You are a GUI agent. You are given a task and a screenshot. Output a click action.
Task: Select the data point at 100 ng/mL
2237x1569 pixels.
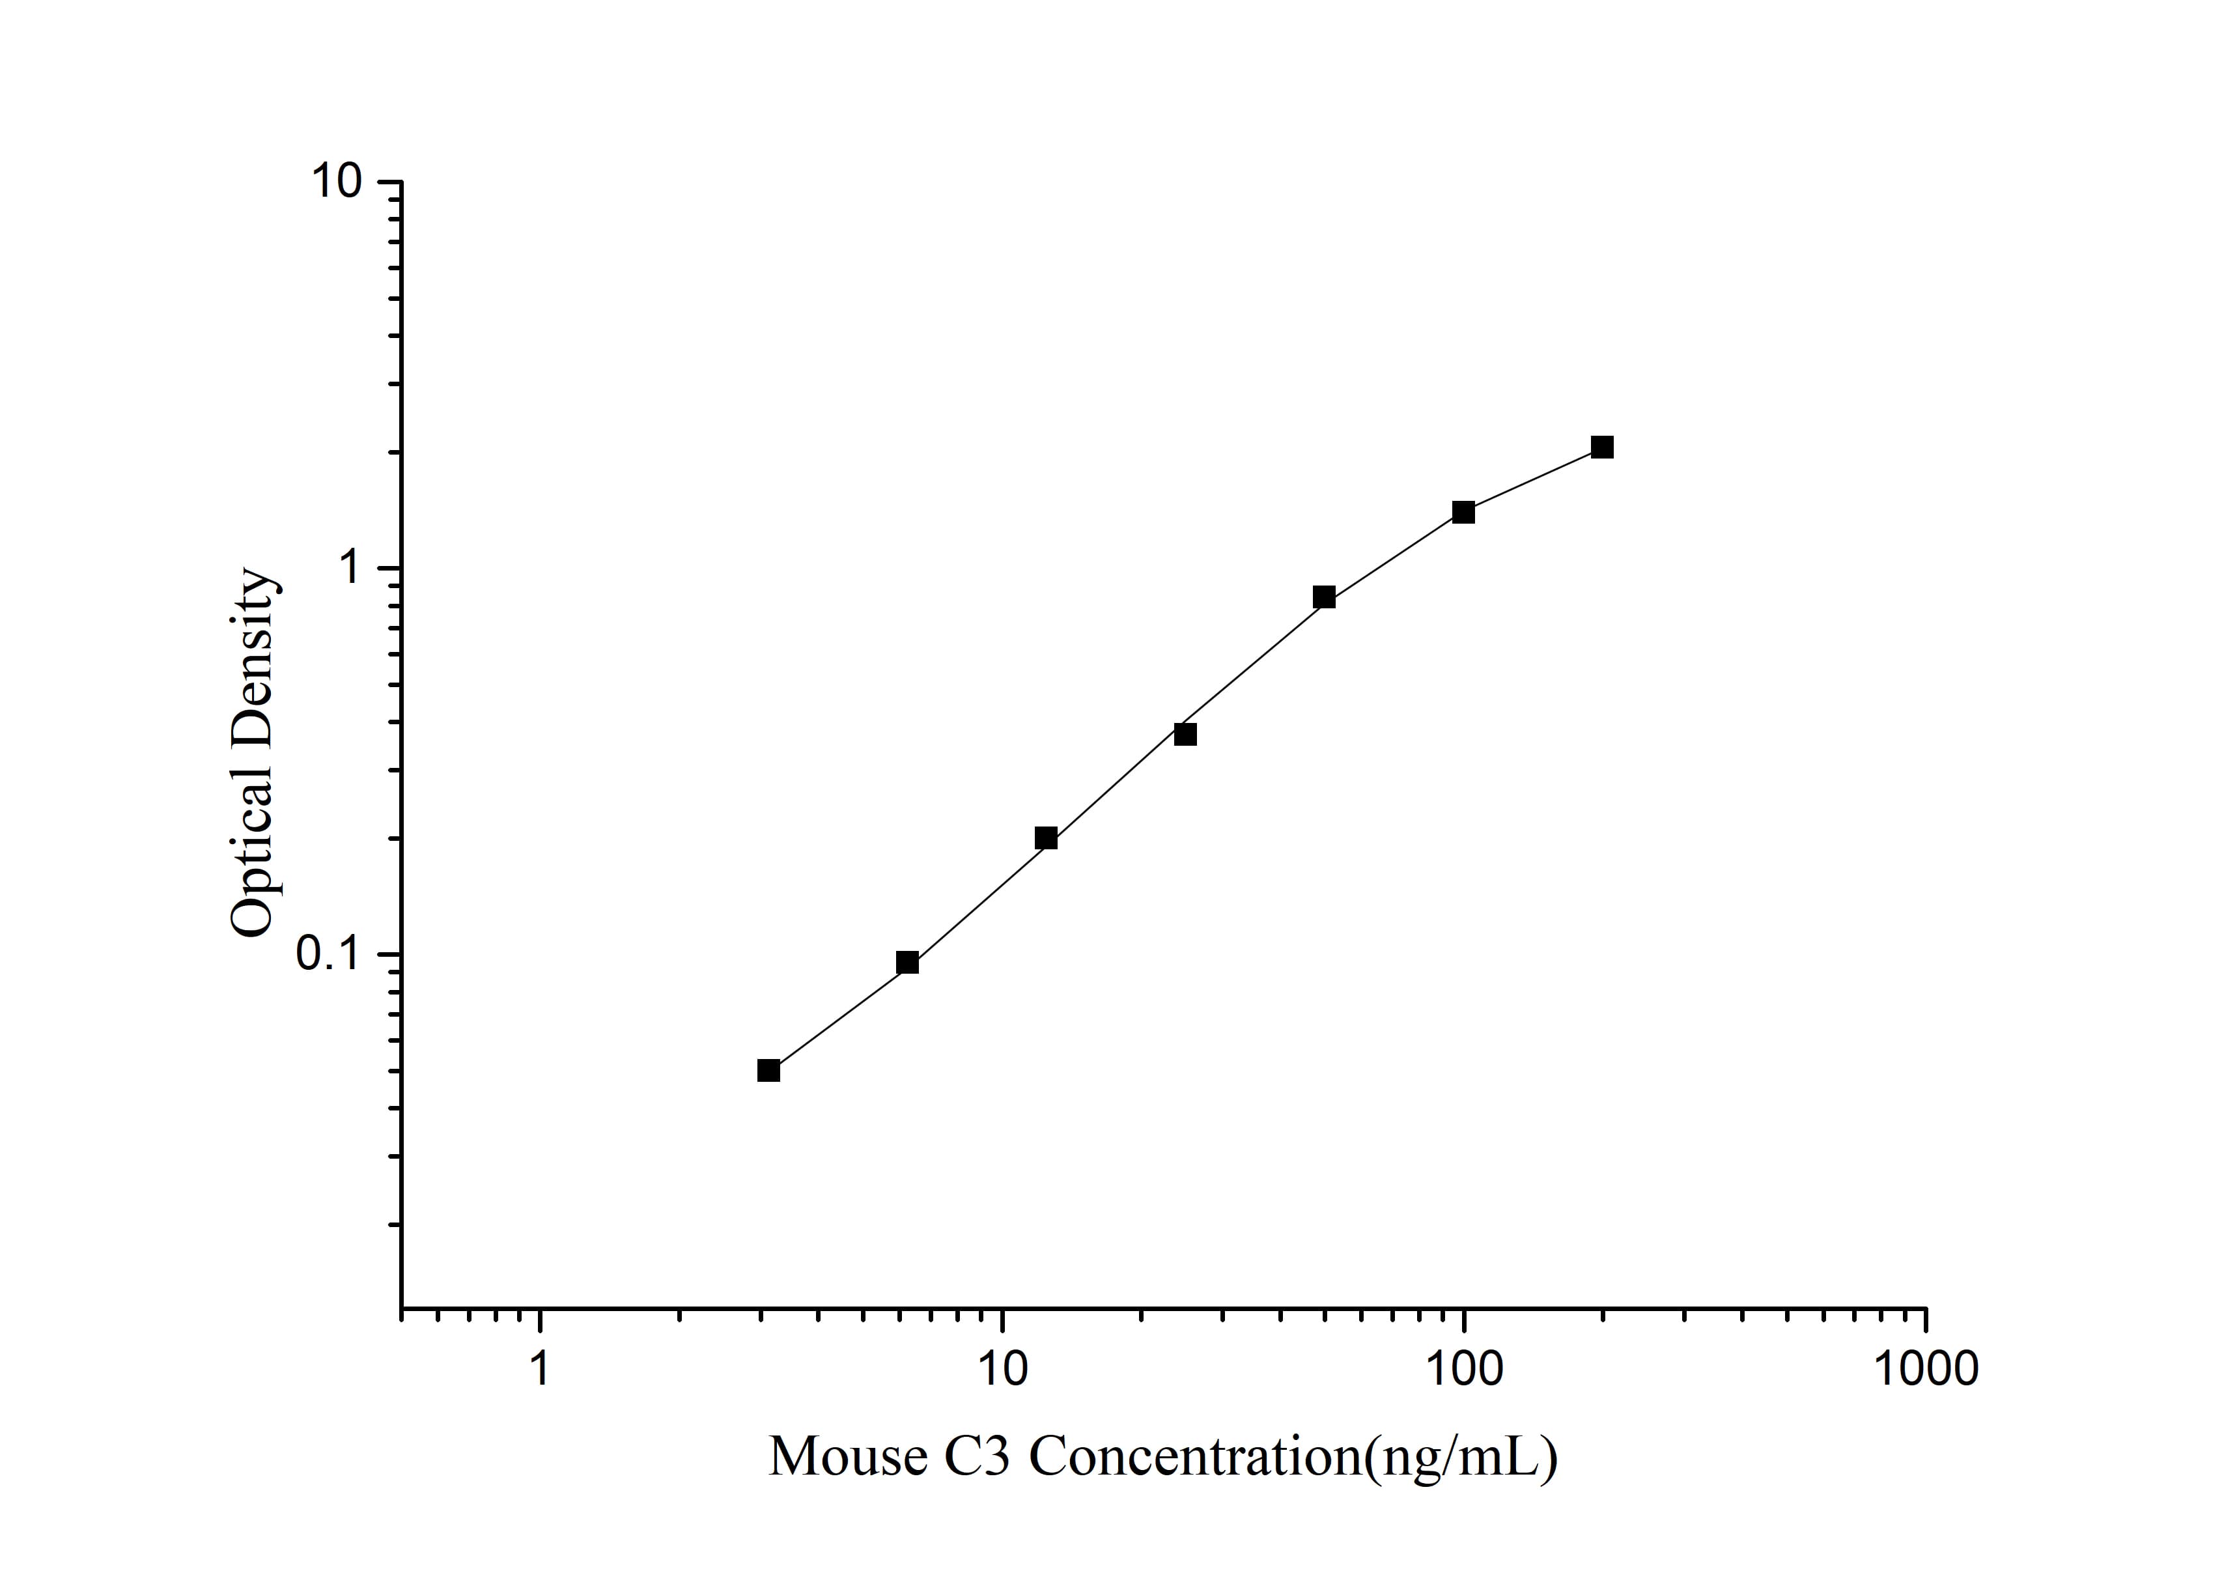(x=1463, y=513)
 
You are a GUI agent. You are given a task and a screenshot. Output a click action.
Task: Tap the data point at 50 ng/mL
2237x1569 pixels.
(x=1324, y=597)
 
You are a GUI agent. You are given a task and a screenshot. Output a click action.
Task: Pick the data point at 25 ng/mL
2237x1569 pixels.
(x=1185, y=734)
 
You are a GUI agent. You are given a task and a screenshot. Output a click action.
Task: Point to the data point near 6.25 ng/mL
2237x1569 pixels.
(x=907, y=963)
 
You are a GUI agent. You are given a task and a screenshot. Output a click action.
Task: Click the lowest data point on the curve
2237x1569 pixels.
(x=768, y=1071)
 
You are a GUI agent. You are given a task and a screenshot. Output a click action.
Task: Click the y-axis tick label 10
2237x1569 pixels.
(x=336, y=182)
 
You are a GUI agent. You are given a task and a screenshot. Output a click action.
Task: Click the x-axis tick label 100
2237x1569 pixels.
(x=1463, y=1368)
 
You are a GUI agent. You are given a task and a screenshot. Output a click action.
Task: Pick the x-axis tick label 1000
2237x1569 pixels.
(x=1925, y=1368)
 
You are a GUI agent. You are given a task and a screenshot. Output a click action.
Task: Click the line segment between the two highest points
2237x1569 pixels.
(x=1532, y=479)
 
